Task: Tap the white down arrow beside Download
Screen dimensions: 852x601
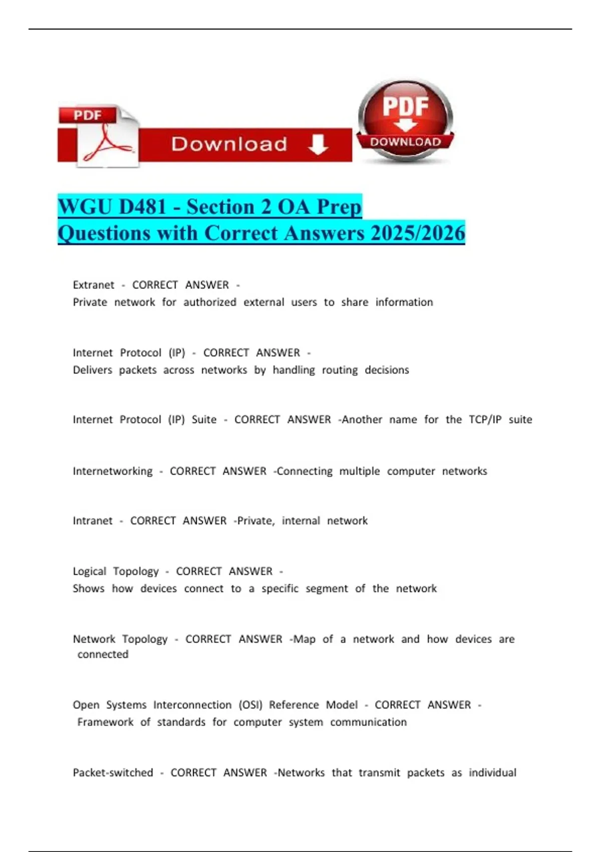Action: [318, 144]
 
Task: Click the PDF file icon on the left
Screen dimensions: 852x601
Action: [99, 136]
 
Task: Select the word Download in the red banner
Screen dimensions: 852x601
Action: [229, 144]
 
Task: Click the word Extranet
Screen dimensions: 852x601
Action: [94, 285]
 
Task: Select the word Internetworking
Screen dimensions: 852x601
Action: [113, 471]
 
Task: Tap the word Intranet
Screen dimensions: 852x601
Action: [93, 521]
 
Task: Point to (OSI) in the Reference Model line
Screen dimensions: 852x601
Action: [250, 705]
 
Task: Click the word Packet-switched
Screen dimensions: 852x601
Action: [113, 773]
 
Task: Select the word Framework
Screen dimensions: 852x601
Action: [105, 722]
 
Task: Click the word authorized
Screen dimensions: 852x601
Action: [210, 302]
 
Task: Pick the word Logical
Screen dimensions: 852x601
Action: [90, 571]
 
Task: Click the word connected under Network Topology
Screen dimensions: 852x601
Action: [103, 655]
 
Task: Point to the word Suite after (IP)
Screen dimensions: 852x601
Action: [204, 419]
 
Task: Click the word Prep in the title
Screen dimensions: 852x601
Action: [339, 206]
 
